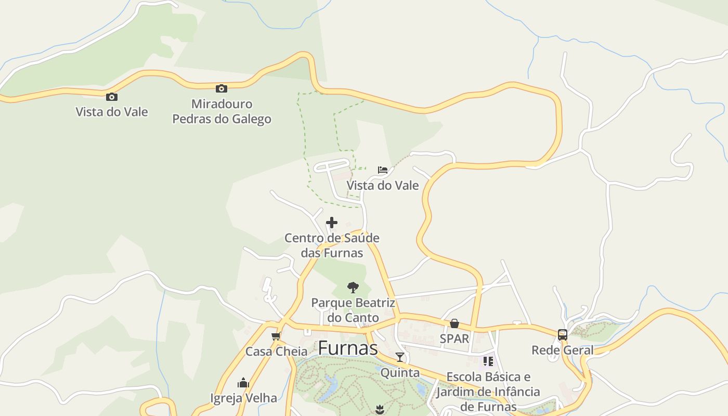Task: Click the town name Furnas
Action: point(347,348)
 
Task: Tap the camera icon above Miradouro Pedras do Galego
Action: point(222,88)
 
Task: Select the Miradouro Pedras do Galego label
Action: point(222,111)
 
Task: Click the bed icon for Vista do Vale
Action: point(383,170)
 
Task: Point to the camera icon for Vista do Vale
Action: point(111,97)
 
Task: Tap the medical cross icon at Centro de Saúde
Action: point(332,223)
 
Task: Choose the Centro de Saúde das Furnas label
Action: point(332,245)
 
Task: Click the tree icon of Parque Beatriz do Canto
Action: point(353,287)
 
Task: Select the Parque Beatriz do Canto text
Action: point(353,310)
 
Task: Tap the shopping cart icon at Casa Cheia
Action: point(276,336)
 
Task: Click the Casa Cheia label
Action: point(276,352)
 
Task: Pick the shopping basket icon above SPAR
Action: point(454,324)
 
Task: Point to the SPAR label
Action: point(454,339)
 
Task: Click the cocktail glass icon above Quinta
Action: point(400,357)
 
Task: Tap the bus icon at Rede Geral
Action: point(563,335)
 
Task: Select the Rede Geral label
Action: point(562,350)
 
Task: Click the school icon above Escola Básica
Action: point(488,361)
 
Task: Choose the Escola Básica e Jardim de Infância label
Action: point(488,391)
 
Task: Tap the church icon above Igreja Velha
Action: point(243,383)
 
